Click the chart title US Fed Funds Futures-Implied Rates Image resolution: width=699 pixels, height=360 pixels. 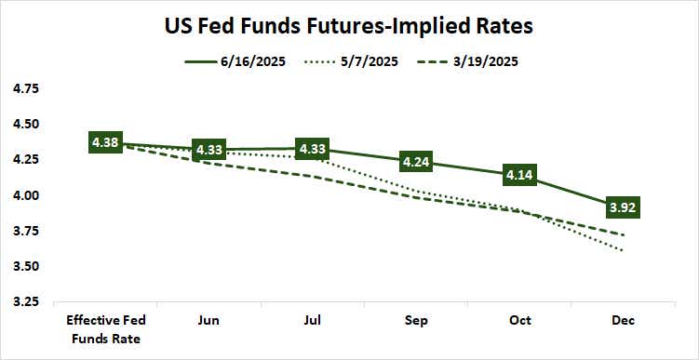tap(349, 26)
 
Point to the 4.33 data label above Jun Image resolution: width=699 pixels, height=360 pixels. tap(209, 150)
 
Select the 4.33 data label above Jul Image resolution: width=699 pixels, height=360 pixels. tap(313, 149)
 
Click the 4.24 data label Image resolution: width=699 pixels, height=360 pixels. tap(416, 162)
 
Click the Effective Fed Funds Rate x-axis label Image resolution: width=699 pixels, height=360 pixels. tap(105, 328)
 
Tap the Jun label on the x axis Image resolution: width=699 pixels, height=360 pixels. tap(209, 321)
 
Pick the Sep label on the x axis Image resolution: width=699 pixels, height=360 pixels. tap(416, 321)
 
